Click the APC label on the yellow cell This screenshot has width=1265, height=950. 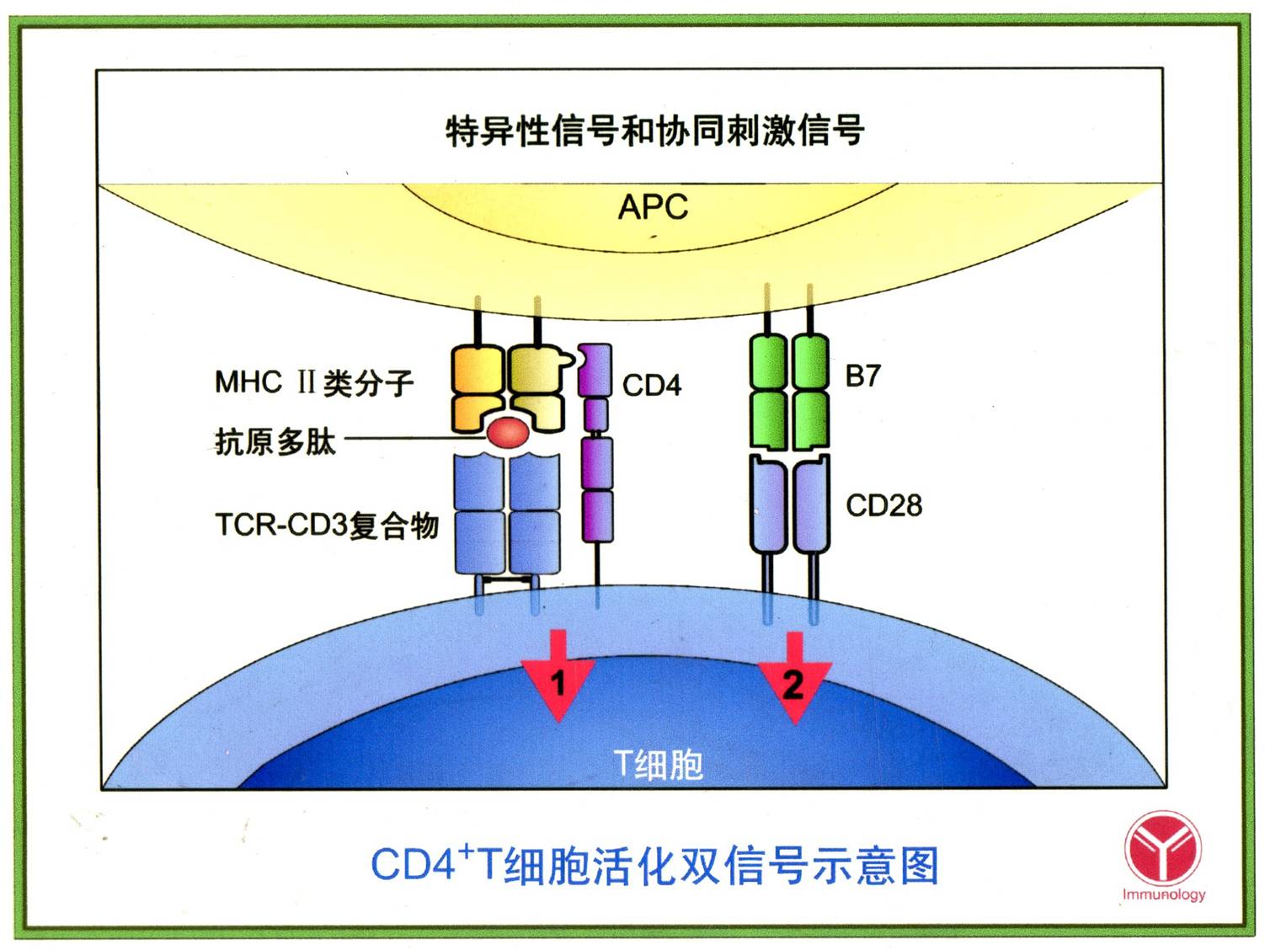point(653,206)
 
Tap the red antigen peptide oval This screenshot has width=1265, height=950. point(508,433)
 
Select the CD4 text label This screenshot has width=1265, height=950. point(651,386)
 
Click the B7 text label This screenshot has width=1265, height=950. point(862,376)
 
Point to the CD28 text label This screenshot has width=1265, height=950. point(883,505)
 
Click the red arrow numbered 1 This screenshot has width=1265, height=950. point(558,678)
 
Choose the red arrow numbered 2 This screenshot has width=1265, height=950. point(793,680)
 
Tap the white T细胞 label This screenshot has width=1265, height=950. point(658,764)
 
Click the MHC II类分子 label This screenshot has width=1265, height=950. point(314,383)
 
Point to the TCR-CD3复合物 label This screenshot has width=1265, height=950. point(327,525)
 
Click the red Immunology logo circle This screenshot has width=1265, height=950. point(1163,847)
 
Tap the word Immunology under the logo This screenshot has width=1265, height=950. point(1163,894)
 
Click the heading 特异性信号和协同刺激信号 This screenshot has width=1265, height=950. point(654,131)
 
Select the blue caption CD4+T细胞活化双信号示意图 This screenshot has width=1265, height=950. point(654,865)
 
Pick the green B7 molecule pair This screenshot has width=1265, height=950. point(789,391)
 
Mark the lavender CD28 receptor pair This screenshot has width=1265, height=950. point(789,505)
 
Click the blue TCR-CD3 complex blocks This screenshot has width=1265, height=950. point(507,514)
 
